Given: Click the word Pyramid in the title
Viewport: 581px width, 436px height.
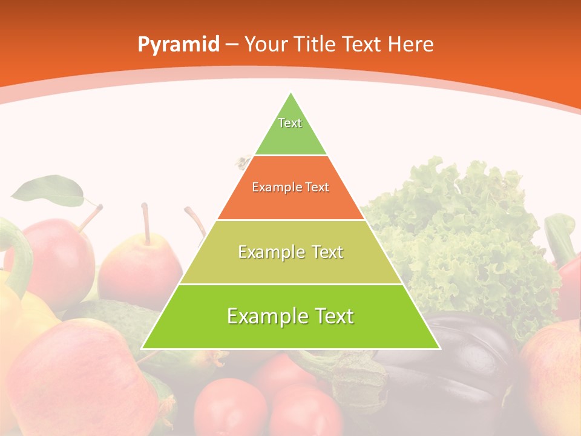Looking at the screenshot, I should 178,45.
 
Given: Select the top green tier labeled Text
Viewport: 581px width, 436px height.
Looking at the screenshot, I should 290,130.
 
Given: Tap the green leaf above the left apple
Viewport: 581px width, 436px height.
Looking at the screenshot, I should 48,190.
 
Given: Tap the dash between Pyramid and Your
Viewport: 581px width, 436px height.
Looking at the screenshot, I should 232,45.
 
